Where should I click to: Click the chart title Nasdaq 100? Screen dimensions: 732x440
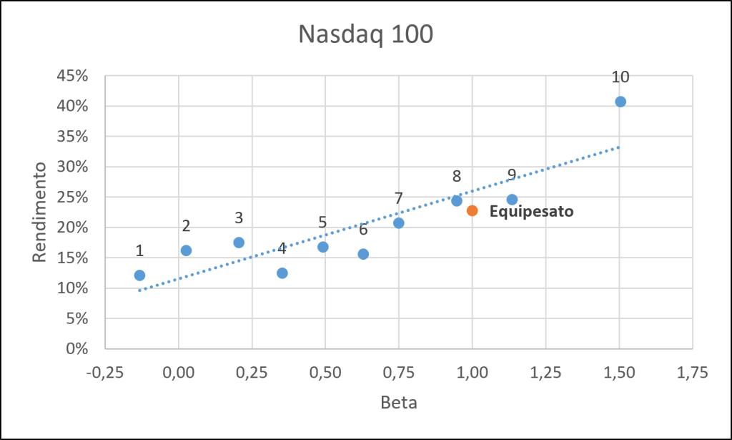click(x=365, y=34)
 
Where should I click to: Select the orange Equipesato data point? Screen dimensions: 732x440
click(x=472, y=210)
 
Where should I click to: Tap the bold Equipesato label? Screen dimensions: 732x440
click(x=531, y=212)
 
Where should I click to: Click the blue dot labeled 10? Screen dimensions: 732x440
click(x=620, y=102)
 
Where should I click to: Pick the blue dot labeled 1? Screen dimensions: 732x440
click(x=139, y=275)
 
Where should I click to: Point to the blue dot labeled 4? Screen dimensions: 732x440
click(x=282, y=273)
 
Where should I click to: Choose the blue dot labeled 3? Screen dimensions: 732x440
click(x=239, y=243)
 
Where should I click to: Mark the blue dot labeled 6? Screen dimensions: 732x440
click(x=363, y=254)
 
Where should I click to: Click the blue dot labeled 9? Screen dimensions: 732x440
click(x=512, y=200)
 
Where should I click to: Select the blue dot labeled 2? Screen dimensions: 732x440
click(x=186, y=250)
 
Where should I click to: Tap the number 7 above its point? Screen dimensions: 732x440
click(x=398, y=198)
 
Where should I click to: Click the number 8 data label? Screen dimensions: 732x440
click(x=457, y=176)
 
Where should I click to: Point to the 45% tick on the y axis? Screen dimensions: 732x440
click(x=72, y=76)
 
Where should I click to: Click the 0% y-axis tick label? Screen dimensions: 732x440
click(x=77, y=348)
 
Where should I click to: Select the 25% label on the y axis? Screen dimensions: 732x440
click(x=72, y=197)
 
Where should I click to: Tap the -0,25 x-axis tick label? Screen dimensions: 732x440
click(x=105, y=373)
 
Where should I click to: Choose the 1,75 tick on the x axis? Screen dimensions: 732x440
click(x=692, y=373)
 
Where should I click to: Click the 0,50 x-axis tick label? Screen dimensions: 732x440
click(x=325, y=373)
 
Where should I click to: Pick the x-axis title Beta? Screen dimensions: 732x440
click(x=399, y=402)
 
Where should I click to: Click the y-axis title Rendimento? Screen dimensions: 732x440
click(x=40, y=212)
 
